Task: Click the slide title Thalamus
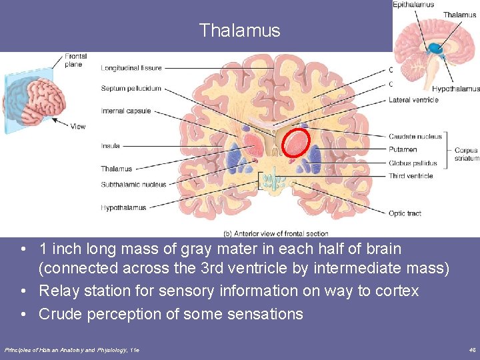point(239,31)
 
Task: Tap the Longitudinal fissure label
point(131,67)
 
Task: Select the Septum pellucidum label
point(131,89)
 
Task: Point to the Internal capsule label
point(126,111)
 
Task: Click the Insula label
point(110,145)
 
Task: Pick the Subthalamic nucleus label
point(133,185)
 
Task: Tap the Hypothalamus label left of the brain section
point(123,208)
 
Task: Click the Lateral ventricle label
point(413,100)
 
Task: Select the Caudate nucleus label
point(415,137)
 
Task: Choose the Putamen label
point(403,150)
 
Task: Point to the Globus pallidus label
point(413,163)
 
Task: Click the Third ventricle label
point(411,176)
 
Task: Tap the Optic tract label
point(405,213)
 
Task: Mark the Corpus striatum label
point(466,155)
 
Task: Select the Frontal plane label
point(75,61)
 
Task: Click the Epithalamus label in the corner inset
point(413,5)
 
